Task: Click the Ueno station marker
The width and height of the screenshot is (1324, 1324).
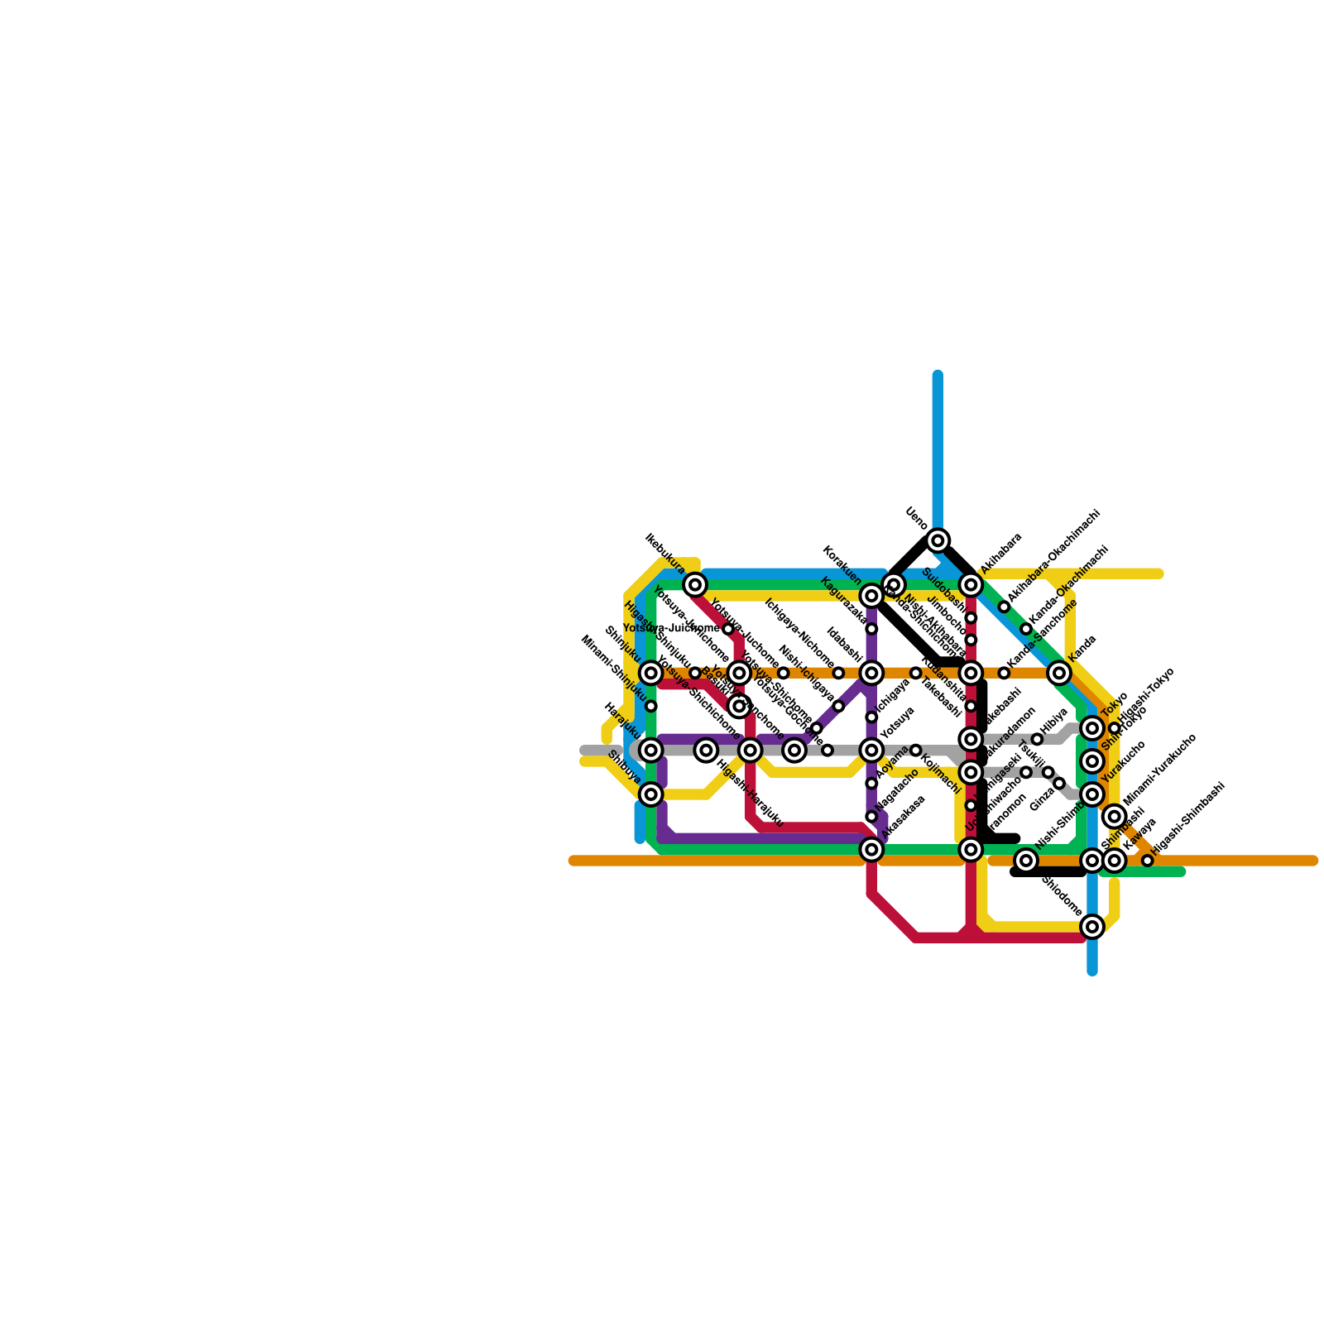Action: click(x=938, y=540)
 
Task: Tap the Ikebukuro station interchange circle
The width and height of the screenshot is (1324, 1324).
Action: click(x=695, y=585)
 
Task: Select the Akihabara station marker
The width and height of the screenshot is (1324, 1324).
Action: click(x=971, y=585)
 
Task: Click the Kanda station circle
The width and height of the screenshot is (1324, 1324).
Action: click(x=1059, y=674)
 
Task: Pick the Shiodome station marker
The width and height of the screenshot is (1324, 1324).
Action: click(x=1092, y=926)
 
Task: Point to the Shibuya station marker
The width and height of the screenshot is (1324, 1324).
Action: click(x=651, y=794)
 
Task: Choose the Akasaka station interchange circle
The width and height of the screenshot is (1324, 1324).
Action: click(x=871, y=849)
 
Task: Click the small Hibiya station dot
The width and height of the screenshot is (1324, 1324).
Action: click(x=1037, y=739)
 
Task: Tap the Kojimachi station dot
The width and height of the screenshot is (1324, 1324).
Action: click(x=915, y=751)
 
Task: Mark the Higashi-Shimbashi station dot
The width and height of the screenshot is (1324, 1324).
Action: click(x=1147, y=861)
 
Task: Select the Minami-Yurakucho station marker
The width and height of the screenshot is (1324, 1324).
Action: click(x=1115, y=817)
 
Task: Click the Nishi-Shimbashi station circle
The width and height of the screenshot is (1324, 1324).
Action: click(x=1026, y=861)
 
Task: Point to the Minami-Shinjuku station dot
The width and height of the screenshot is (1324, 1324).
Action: click(x=651, y=706)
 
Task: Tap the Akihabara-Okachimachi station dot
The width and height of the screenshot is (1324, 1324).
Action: click(x=1004, y=607)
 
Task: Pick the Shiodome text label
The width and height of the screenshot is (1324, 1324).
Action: click(x=1062, y=896)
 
